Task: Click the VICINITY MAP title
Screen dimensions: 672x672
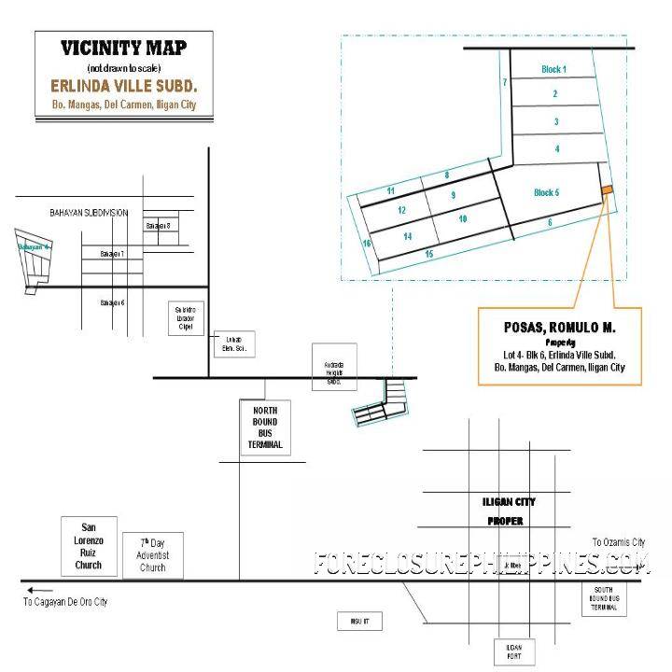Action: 123,48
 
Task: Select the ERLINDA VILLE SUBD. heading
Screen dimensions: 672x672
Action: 123,86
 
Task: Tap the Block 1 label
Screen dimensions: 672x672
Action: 554,70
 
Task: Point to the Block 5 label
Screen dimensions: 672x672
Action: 546,193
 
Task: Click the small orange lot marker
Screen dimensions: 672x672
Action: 606,190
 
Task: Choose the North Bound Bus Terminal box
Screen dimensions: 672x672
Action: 260,427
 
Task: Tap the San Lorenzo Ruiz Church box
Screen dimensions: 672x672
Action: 89,544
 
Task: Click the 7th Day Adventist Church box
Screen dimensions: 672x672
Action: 153,554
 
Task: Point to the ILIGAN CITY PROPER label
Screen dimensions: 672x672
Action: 509,511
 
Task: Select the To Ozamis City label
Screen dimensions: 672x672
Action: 618,541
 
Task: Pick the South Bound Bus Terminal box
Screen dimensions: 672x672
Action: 605,597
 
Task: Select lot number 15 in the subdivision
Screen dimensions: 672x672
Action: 428,254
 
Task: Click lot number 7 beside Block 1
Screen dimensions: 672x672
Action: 504,83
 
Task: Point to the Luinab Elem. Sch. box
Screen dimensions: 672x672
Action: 233,343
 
